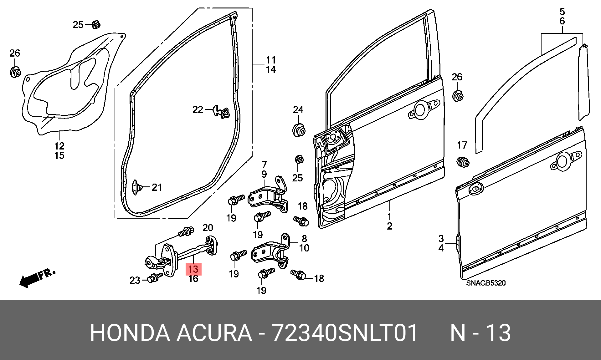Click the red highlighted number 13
(x=193, y=269)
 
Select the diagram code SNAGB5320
(x=486, y=283)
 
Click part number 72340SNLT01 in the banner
(x=344, y=333)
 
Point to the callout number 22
(x=198, y=109)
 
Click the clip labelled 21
(x=136, y=187)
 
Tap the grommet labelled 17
(x=463, y=162)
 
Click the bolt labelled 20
(x=186, y=232)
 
